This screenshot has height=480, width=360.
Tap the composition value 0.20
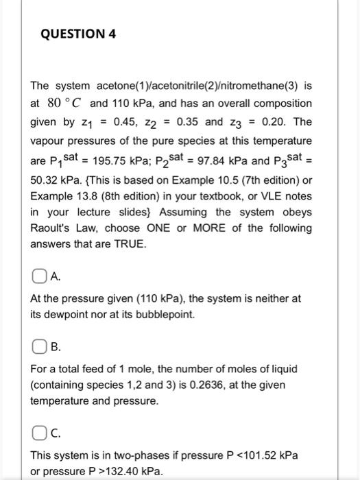[x=272, y=121]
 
